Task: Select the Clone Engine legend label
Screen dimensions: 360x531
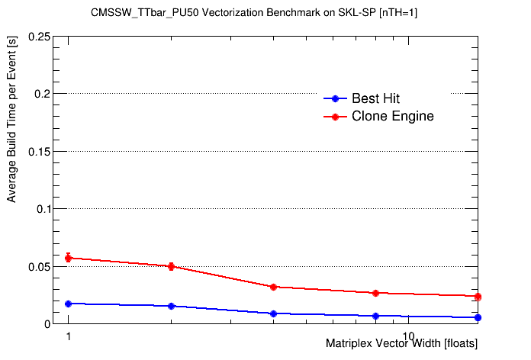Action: click(393, 117)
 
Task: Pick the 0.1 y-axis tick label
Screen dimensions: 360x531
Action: click(44, 209)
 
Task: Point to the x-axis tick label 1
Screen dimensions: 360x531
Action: click(69, 336)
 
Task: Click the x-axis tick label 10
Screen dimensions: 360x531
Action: click(409, 336)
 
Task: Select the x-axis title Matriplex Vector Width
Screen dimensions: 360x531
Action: click(401, 344)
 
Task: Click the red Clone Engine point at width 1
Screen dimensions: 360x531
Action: click(69, 258)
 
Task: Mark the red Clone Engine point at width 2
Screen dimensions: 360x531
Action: click(171, 266)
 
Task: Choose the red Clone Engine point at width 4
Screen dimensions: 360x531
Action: click(273, 287)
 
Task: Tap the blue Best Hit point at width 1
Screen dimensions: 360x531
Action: click(69, 304)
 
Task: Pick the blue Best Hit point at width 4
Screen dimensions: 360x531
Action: click(273, 313)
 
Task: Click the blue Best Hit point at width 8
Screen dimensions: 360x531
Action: click(375, 316)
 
